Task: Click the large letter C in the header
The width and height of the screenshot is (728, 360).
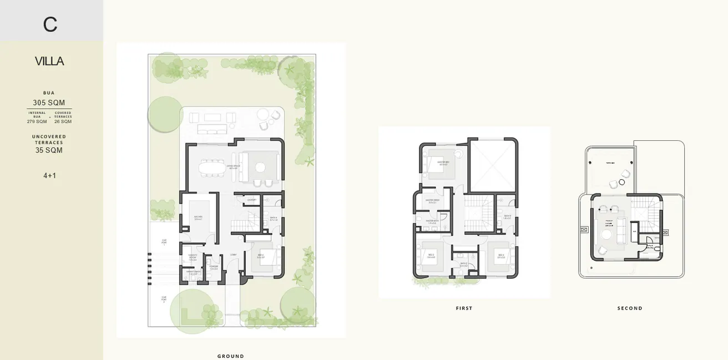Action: coord(50,24)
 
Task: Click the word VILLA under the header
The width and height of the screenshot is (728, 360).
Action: coord(49,61)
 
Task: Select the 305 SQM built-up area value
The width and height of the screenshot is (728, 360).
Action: coord(49,103)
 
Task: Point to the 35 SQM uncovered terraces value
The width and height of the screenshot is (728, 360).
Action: coord(49,150)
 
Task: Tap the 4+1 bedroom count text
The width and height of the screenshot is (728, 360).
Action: coord(49,176)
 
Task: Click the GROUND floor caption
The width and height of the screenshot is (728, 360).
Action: coord(230,356)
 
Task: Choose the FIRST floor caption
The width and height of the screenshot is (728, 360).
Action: coord(464,308)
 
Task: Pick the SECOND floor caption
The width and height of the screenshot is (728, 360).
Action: coord(630,308)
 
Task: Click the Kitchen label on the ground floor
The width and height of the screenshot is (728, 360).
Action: coord(198,218)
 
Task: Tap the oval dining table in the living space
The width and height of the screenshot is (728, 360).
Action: coord(213,168)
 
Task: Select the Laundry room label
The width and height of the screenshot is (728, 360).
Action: coord(251,200)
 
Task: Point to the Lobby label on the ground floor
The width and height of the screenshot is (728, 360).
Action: coord(234,255)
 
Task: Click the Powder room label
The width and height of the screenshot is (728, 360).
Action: coord(213,267)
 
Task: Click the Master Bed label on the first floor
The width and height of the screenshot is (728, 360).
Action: coord(443,163)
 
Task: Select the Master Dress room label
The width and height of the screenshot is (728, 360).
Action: coord(432,201)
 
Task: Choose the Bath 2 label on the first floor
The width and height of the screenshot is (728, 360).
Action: coord(463,265)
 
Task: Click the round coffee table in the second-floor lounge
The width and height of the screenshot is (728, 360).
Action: coord(606,235)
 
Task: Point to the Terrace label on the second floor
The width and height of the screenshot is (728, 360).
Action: coord(610,163)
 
